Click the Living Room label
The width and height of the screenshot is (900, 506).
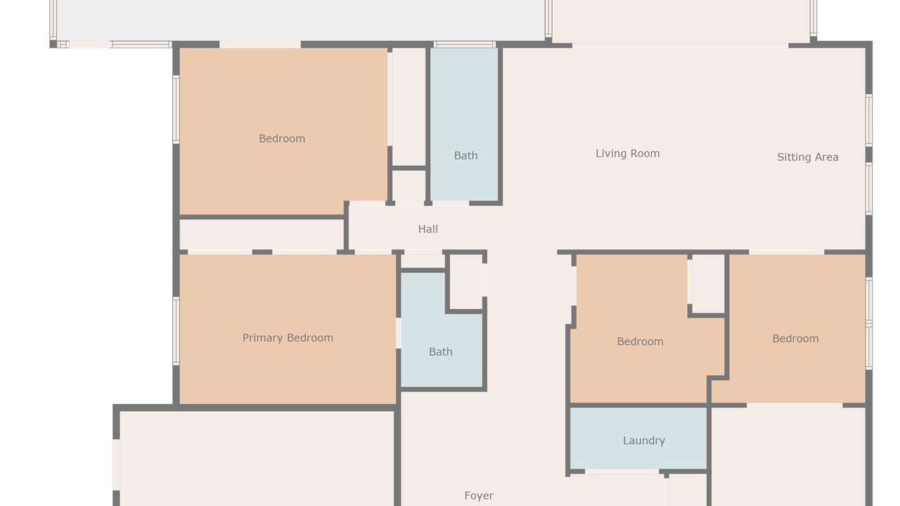(x=627, y=153)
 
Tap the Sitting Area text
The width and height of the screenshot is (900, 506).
(x=808, y=157)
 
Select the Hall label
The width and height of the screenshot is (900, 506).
(x=428, y=229)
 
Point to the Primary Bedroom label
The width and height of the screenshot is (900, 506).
(x=288, y=338)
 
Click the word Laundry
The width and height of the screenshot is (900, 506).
(x=644, y=441)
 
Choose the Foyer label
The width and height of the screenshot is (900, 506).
(x=479, y=495)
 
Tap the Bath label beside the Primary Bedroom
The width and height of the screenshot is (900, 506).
(x=441, y=352)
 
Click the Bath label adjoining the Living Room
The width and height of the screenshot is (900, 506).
(x=465, y=155)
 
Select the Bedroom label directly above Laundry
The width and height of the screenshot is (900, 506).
(x=640, y=342)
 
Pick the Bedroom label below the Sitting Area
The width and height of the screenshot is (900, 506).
(x=795, y=339)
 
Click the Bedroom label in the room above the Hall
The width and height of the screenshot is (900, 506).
(x=282, y=138)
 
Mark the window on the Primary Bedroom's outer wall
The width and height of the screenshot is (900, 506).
(x=176, y=331)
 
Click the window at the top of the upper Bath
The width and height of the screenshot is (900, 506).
(x=465, y=44)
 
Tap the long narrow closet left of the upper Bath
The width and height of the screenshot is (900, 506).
(x=409, y=106)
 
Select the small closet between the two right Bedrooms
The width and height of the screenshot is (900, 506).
(x=708, y=283)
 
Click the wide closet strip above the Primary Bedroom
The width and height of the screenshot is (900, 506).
(x=261, y=235)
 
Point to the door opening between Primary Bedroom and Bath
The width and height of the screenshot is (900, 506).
(x=399, y=333)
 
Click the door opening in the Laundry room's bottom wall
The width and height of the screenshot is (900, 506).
(x=622, y=472)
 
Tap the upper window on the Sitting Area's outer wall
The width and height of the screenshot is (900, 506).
(x=868, y=120)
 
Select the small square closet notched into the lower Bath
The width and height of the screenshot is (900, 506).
(x=465, y=282)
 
